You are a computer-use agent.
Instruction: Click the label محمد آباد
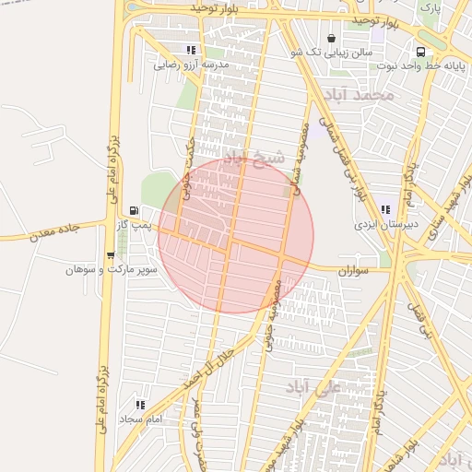pyautogui.click(x=359, y=95)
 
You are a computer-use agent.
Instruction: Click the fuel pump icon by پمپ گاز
pyautogui.click(x=135, y=211)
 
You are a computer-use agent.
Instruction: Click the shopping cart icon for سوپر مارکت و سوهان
pyautogui.click(x=111, y=256)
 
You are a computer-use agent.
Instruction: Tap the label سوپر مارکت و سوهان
pyautogui.click(x=112, y=270)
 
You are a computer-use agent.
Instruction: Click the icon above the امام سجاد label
pyautogui.click(x=140, y=405)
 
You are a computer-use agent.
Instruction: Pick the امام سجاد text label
pyautogui.click(x=140, y=419)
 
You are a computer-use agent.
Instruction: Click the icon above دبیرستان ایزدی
pyautogui.click(x=384, y=210)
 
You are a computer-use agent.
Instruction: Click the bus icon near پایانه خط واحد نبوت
pyautogui.click(x=420, y=53)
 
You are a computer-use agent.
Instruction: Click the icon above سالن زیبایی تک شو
pyautogui.click(x=331, y=38)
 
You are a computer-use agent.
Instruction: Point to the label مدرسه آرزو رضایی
pyautogui.click(x=191, y=65)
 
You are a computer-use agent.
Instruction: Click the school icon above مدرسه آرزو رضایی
pyautogui.click(x=191, y=51)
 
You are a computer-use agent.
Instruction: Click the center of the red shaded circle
pyautogui.click(x=236, y=236)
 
